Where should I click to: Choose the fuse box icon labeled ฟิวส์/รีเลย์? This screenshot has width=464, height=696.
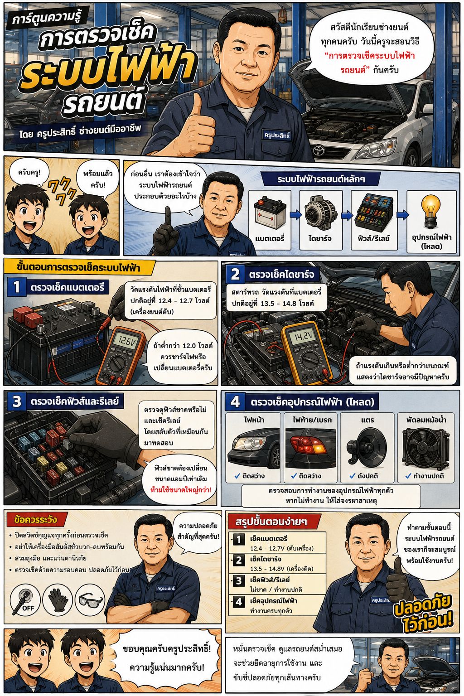click(374, 212)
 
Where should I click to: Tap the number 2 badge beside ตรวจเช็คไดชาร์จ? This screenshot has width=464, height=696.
click(235, 274)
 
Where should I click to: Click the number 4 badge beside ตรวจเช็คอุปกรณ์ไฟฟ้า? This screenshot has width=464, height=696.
click(235, 402)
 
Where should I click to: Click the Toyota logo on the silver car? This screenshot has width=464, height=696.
click(318, 151)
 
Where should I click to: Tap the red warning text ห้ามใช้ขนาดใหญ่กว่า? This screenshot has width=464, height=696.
click(180, 490)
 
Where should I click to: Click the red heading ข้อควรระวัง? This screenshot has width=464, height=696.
click(35, 520)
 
